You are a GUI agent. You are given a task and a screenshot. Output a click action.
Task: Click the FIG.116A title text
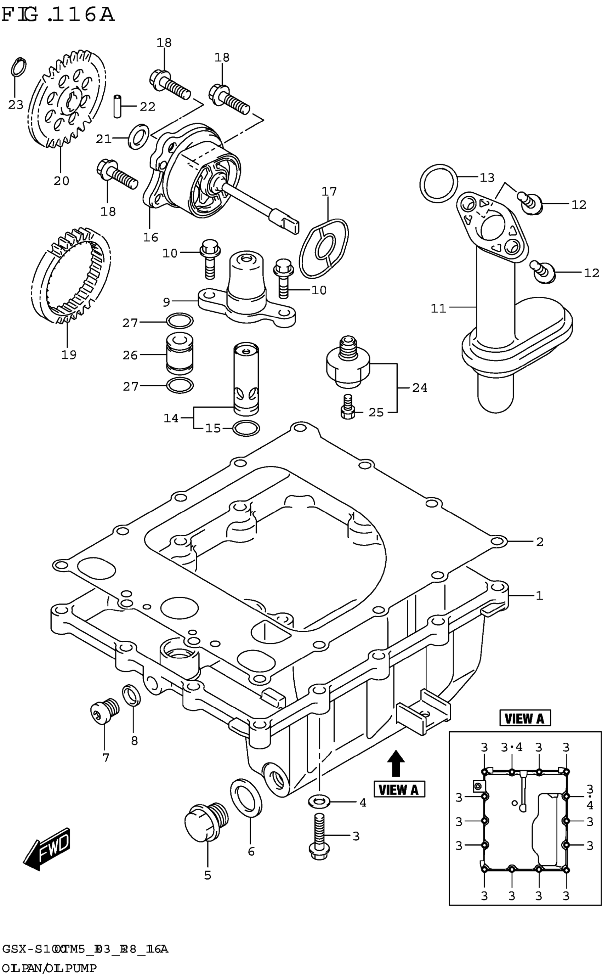[58, 15]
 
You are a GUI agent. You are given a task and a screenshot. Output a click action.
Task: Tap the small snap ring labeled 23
[18, 67]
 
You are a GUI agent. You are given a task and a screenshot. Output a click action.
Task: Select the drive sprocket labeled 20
[67, 100]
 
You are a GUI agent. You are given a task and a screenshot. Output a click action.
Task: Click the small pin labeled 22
[117, 106]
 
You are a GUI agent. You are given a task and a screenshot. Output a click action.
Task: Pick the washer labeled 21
[138, 137]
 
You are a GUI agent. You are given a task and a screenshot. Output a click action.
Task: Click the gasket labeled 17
[323, 248]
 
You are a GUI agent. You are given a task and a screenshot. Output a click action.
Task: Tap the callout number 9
[166, 302]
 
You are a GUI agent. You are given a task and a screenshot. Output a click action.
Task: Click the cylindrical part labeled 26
[180, 353]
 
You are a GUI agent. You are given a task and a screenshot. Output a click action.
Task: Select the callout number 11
[438, 308]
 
